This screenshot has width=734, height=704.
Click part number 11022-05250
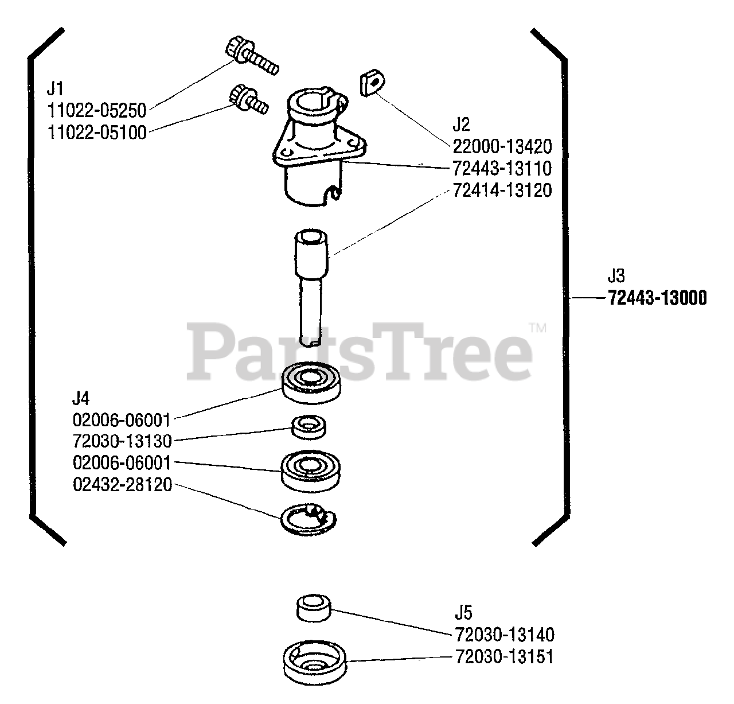pos(96,110)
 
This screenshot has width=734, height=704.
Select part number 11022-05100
pos(96,133)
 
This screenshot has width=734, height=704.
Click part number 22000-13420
pos(502,147)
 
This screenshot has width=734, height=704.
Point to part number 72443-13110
pos(502,169)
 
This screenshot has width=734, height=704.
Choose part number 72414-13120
pos(502,190)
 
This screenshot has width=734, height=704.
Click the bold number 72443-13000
pos(657,298)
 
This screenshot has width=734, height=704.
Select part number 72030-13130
pos(122,441)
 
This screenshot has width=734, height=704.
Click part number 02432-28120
pos(122,485)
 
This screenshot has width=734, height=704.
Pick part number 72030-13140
pos(504,635)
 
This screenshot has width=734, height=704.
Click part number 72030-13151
pos(504,656)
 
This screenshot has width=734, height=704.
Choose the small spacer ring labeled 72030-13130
pos(309,427)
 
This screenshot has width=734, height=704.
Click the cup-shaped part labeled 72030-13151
pos(316,664)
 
